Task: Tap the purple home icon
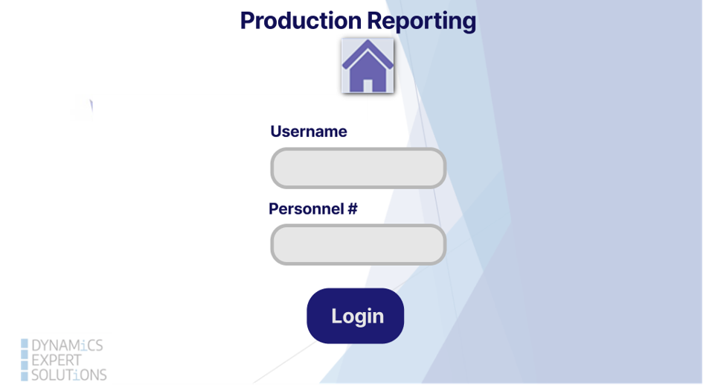coord(368,66)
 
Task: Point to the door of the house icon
coord(368,85)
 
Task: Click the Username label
coord(308,132)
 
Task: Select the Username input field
coord(358,168)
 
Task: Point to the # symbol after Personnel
coord(353,209)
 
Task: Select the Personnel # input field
coord(358,245)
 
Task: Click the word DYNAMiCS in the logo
coord(67,346)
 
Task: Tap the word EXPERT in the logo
coord(57,360)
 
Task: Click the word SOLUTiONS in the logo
coord(68,375)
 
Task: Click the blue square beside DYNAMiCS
coord(25,346)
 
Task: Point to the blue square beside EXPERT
coord(25,360)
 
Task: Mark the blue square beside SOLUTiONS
coord(25,375)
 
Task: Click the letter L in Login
coord(336,316)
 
